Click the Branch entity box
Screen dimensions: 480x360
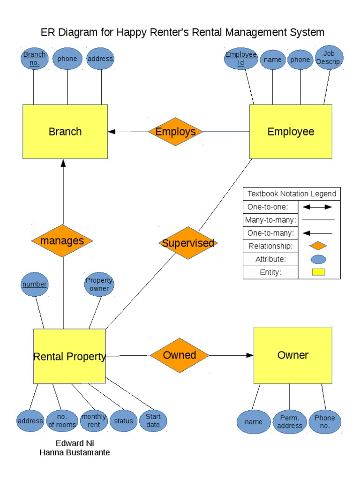pyautogui.click(x=65, y=132)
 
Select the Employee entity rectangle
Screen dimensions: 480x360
pyautogui.click(x=291, y=132)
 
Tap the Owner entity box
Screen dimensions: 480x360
pyautogui.click(x=292, y=355)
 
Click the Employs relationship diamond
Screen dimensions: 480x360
pyautogui.click(x=175, y=132)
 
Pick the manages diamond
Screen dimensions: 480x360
pyautogui.click(x=62, y=241)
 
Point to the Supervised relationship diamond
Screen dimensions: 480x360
pyautogui.click(x=188, y=243)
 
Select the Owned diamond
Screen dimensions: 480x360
pyautogui.click(x=180, y=355)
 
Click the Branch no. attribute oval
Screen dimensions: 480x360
pyautogui.click(x=35, y=59)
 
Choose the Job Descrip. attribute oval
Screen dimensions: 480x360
pyautogui.click(x=330, y=58)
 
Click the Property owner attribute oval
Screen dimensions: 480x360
pyautogui.click(x=99, y=285)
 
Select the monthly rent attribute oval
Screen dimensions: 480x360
pyautogui.click(x=94, y=420)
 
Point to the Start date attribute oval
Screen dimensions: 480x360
pyautogui.click(x=153, y=420)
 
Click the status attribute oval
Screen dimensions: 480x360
pyautogui.click(x=124, y=421)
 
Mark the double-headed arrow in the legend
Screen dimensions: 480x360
pyautogui.click(x=317, y=207)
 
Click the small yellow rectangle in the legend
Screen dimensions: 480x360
pyautogui.click(x=318, y=272)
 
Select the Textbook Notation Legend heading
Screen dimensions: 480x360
pyautogui.click(x=292, y=194)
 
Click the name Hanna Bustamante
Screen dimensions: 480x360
pyautogui.click(x=75, y=452)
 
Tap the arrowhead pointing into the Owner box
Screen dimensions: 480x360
pyautogui.click(x=249, y=355)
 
